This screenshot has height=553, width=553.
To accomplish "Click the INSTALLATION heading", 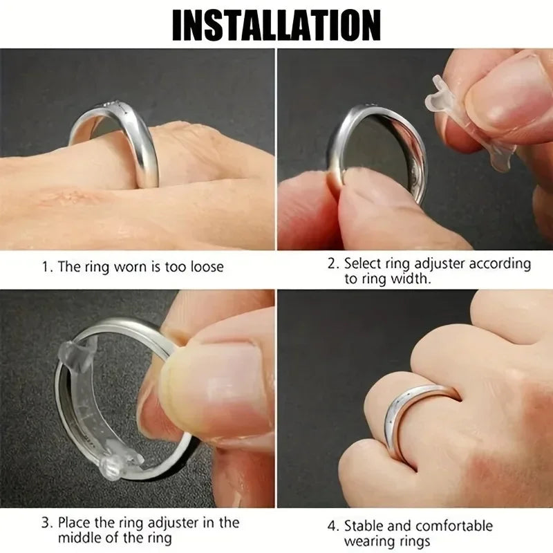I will (x=276, y=25).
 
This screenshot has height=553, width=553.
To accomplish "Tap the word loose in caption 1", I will (x=205, y=267).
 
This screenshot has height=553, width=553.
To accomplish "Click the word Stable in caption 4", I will (x=364, y=527).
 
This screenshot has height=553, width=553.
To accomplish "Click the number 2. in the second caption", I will (x=332, y=263).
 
